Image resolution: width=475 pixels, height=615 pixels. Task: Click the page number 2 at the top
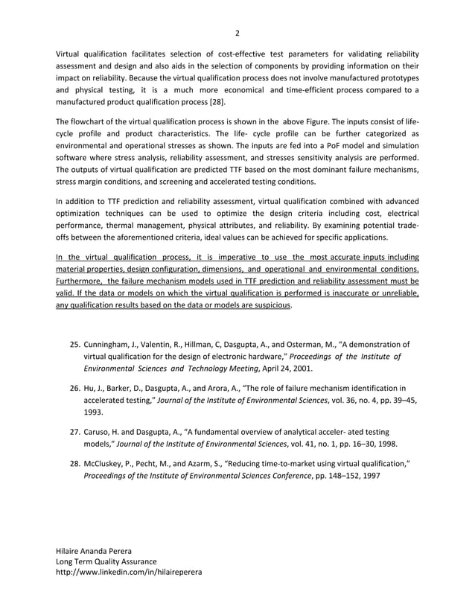[237, 33]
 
